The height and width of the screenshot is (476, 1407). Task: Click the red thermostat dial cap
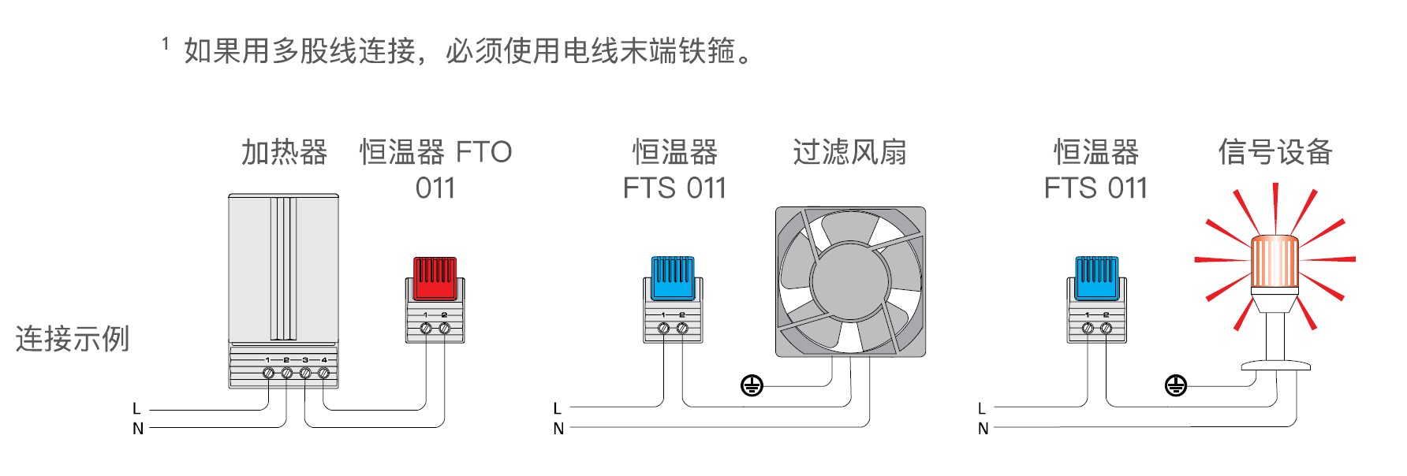coord(435,277)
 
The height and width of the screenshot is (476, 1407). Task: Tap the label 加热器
coord(284,152)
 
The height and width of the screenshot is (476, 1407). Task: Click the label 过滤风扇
coord(849,152)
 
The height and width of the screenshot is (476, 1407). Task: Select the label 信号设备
coord(1275,152)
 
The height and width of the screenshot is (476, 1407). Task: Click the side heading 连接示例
coord(73,339)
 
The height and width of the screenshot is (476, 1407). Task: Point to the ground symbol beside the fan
coord(752,385)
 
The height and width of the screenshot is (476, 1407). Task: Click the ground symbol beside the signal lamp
coord(1175,385)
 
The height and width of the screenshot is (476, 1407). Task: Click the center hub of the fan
coord(849,282)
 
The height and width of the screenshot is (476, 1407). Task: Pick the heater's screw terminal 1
coord(268,373)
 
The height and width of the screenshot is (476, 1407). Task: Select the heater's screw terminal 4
coord(323,373)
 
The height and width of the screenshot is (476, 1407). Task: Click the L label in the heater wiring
coord(136,409)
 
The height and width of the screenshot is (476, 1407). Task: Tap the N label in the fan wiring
coord(558,429)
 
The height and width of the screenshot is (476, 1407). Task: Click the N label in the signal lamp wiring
coord(983,429)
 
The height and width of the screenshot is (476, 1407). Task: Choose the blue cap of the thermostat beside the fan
coord(673,277)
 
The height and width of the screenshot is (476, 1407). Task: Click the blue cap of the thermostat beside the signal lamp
coord(1097,277)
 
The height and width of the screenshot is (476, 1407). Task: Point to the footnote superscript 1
coord(166,44)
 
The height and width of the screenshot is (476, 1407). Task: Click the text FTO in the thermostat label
coord(483,152)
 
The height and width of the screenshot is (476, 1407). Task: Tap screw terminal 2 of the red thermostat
coord(445,329)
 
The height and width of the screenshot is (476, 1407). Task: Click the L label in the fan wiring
coord(558,409)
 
